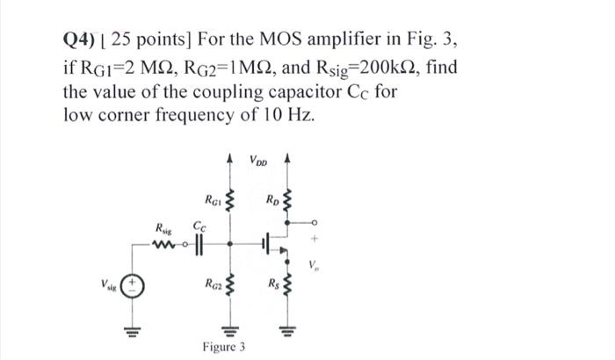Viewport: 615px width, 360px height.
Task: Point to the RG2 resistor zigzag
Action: tap(232, 284)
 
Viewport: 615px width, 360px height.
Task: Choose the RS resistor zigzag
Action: tap(283, 284)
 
